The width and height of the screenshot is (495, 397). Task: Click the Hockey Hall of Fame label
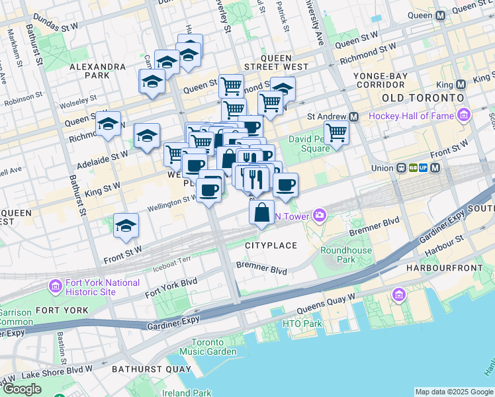coord(412,116)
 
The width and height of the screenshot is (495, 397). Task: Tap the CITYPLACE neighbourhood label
coord(271,245)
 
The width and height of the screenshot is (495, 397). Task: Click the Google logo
coord(22,389)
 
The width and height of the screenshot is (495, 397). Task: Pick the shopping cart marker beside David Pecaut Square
coord(336,132)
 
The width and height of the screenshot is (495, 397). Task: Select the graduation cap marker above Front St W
coord(126,226)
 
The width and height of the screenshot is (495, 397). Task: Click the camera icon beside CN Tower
coord(320,214)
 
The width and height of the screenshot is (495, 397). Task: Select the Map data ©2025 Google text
coord(454,392)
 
